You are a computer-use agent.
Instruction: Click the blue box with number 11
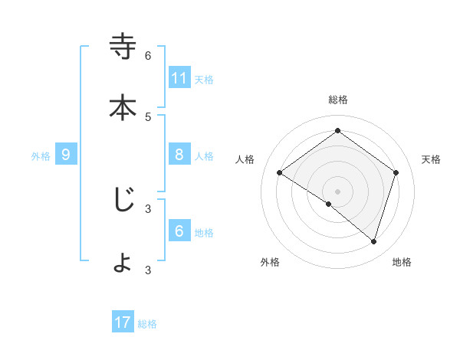click(179, 78)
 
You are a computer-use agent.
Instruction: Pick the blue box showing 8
click(179, 155)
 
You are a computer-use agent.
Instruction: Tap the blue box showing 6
click(179, 231)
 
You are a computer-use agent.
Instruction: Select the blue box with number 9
click(66, 155)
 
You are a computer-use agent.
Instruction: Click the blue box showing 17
click(123, 322)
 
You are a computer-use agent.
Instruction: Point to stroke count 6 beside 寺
click(148, 55)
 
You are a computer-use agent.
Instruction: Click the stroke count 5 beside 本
click(148, 116)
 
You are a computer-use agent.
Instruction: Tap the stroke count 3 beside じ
click(148, 208)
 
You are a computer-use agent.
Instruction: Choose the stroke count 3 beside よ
click(148, 270)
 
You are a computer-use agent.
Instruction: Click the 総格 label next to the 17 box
click(147, 324)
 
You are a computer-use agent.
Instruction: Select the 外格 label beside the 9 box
click(41, 156)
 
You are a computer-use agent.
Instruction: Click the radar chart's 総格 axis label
click(337, 100)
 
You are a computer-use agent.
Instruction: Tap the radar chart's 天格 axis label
click(431, 159)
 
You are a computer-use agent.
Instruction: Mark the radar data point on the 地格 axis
click(373, 241)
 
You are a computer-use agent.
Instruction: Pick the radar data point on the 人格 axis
click(280, 173)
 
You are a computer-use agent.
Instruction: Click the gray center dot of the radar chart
click(337, 191)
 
